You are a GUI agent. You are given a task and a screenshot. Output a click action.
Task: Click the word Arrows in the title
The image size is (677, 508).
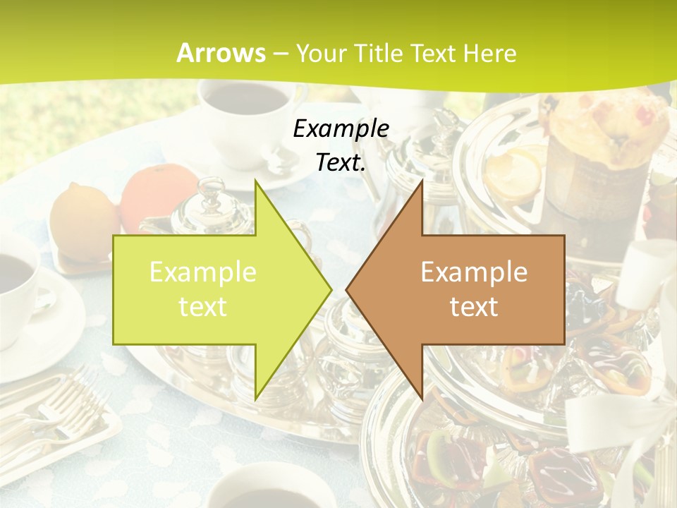click(x=221, y=53)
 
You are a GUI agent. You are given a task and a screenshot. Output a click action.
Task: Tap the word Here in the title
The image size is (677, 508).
click(x=489, y=53)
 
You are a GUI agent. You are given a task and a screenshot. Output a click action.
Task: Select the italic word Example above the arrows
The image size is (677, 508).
click(x=341, y=128)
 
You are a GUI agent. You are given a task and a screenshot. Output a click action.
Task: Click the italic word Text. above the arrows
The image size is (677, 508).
click(x=341, y=163)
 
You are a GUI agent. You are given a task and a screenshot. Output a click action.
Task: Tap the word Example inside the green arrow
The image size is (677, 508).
click(x=203, y=272)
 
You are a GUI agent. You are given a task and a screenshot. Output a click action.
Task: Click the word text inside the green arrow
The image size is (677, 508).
click(x=203, y=307)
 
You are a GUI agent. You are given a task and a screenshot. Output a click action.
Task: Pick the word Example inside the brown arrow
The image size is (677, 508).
click(x=474, y=272)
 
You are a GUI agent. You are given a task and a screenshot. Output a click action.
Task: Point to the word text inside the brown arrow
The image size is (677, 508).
click(x=474, y=307)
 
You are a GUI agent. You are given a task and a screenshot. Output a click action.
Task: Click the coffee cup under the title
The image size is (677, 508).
click(x=243, y=113)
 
